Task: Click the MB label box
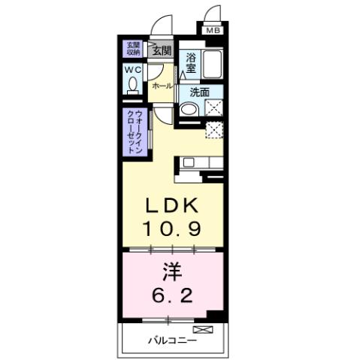(x=213, y=31)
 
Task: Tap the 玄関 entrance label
(x=161, y=51)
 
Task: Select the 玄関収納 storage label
(x=133, y=50)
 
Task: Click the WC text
(x=134, y=70)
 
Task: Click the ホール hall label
(x=162, y=86)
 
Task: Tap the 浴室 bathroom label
(x=191, y=62)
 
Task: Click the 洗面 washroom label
(x=199, y=92)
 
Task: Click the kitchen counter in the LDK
(x=200, y=162)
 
